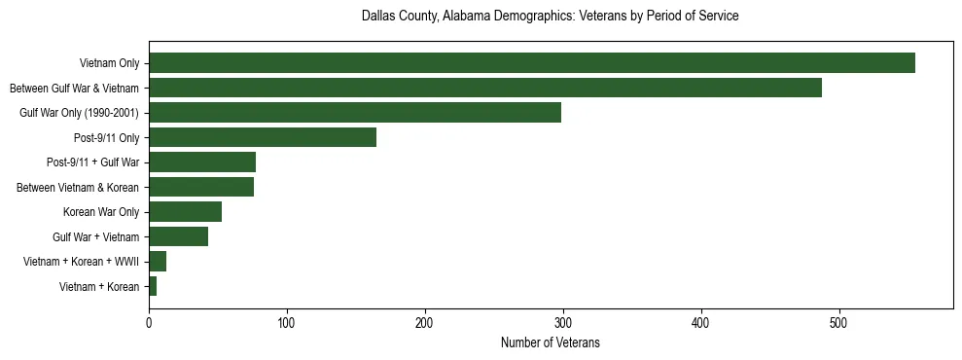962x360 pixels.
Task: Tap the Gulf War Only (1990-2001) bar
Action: (354, 113)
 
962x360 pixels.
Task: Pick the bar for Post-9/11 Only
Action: (262, 137)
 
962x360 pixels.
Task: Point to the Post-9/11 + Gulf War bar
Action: (201, 162)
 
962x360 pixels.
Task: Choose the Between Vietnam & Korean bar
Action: (200, 187)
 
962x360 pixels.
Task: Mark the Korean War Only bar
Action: (185, 212)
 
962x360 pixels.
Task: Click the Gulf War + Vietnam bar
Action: (178, 236)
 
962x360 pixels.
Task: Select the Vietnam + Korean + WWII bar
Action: (158, 262)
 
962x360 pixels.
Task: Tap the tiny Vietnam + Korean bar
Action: (153, 286)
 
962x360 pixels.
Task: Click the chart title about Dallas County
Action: (550, 17)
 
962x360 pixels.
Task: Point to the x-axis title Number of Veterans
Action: (550, 343)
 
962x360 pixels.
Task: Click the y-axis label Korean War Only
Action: (100, 212)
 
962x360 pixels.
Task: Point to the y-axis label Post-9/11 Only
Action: (106, 137)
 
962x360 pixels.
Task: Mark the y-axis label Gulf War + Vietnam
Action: (95, 236)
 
